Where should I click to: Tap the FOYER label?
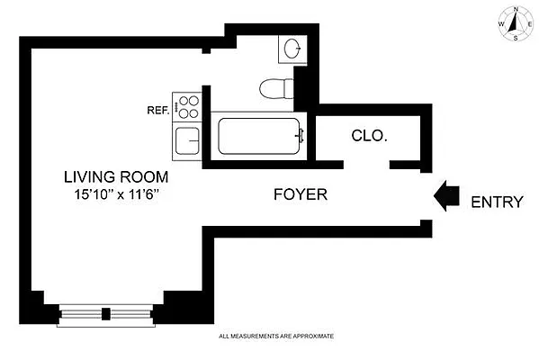pos(301,193)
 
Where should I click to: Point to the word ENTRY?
pos(497,202)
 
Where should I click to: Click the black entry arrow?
pos(447,198)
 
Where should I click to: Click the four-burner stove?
pos(188,107)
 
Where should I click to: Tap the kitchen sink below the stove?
pos(187,141)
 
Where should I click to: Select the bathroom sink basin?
pos(292,48)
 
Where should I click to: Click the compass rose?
pos(513,24)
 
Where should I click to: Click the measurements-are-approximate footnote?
pos(276,337)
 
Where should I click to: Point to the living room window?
pos(106,314)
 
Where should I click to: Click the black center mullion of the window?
pos(106,314)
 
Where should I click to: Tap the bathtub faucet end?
pos(301,137)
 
